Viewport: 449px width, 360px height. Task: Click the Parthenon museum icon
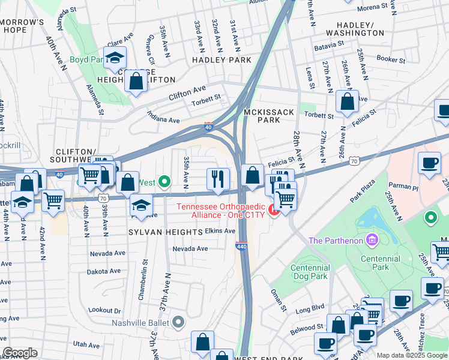[x=372, y=241]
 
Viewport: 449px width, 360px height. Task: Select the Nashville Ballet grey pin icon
[x=178, y=323]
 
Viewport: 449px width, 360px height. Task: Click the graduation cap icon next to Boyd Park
[x=114, y=58]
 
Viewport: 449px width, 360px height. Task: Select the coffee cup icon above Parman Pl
[x=429, y=163]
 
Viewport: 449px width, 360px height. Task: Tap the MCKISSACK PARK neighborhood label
[x=262, y=116]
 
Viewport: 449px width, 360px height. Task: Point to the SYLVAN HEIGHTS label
[x=164, y=232]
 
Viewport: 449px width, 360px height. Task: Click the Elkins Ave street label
[x=220, y=230]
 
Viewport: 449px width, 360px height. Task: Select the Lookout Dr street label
[x=104, y=311]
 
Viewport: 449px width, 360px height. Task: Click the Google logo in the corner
[x=20, y=353]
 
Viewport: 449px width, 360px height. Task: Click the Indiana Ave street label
[x=164, y=121]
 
